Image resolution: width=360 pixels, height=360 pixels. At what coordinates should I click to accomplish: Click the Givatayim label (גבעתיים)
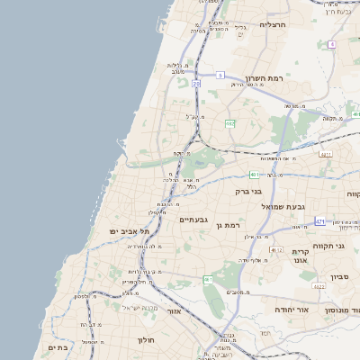(x=193, y=219)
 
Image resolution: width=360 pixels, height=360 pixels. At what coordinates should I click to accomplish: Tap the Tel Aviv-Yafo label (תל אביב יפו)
(x=128, y=231)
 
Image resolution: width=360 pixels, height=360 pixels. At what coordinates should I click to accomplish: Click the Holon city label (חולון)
(x=147, y=340)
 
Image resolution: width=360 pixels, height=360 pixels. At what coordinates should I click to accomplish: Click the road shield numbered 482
(x=230, y=123)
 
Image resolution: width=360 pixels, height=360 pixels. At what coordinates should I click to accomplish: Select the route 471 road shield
(x=320, y=220)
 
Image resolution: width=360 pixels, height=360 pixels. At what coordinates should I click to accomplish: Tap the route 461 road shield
(x=208, y=280)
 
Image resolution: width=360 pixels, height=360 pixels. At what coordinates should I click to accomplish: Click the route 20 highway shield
(x=195, y=84)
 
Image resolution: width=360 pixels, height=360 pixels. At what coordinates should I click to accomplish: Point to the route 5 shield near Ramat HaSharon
(x=219, y=76)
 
